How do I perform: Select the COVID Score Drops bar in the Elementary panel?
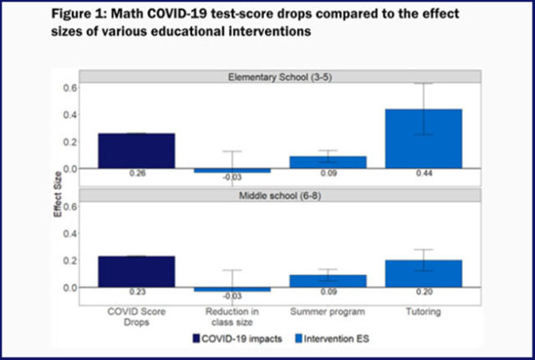tap(136, 150)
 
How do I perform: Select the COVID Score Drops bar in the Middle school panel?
tap(136, 271)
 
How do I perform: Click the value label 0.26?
tap(136, 175)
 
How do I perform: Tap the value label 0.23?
tap(136, 293)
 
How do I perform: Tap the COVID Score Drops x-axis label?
tap(136, 316)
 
